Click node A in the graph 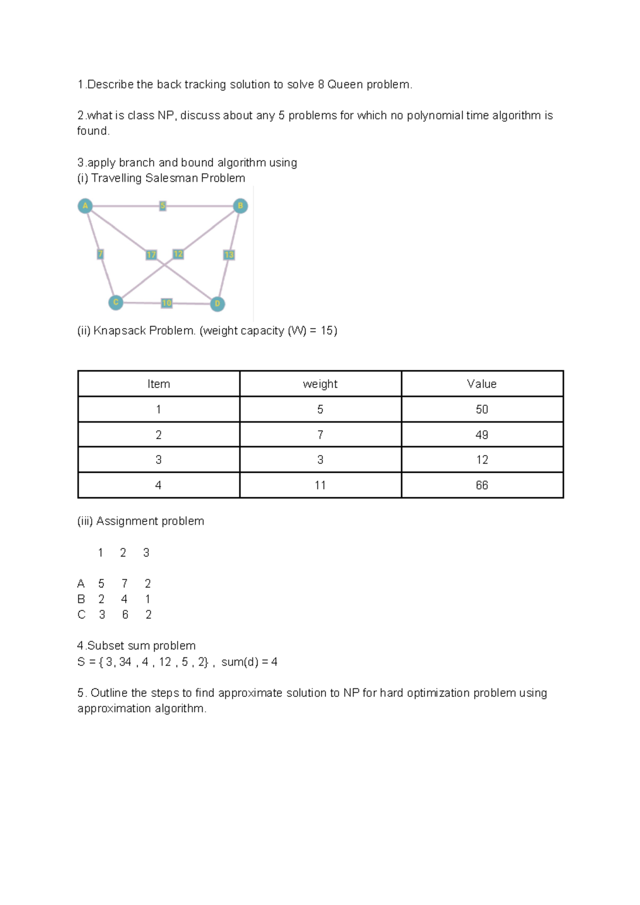[x=85, y=206]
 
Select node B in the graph [x=241, y=206]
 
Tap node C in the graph [x=116, y=303]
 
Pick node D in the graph [x=217, y=304]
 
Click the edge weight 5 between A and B [x=163, y=206]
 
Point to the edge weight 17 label [x=151, y=255]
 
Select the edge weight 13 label [x=229, y=255]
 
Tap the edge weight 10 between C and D [x=167, y=303]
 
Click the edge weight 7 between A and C [x=100, y=254]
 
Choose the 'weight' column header [x=320, y=384]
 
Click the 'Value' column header [x=482, y=384]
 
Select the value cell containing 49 [x=482, y=435]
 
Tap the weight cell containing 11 [x=320, y=486]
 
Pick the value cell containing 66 [x=482, y=486]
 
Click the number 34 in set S [x=125, y=662]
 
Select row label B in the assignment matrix [x=81, y=599]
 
